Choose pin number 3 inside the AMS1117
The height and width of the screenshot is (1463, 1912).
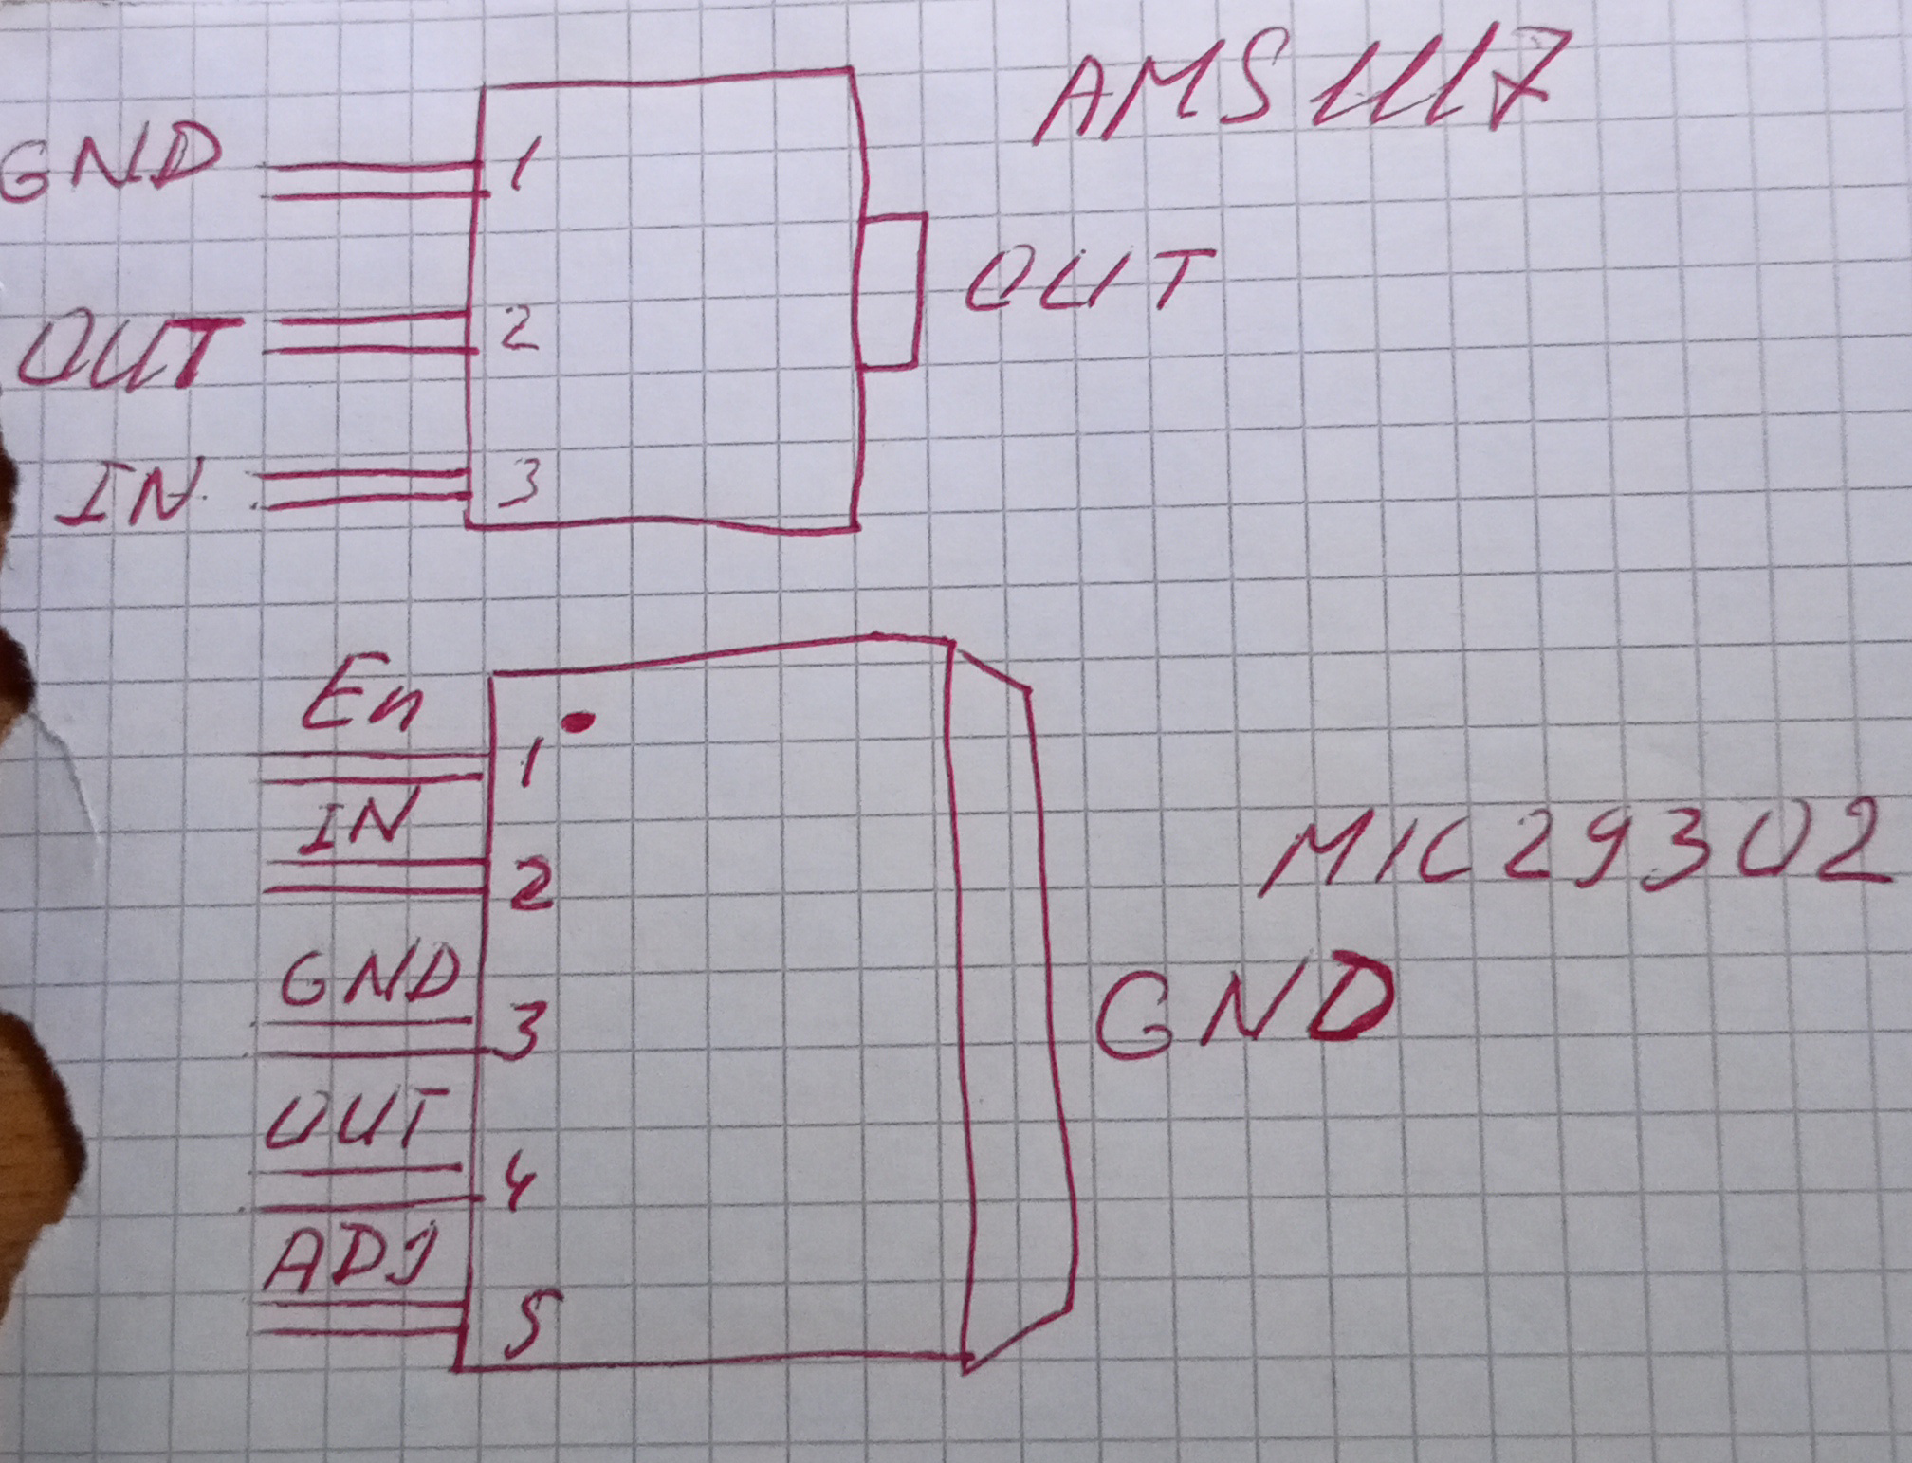(x=520, y=480)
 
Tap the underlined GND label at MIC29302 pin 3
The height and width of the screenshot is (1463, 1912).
(x=370, y=977)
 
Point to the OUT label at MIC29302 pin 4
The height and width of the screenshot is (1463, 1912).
(x=356, y=1119)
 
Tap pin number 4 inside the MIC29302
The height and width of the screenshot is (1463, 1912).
(x=517, y=1180)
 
